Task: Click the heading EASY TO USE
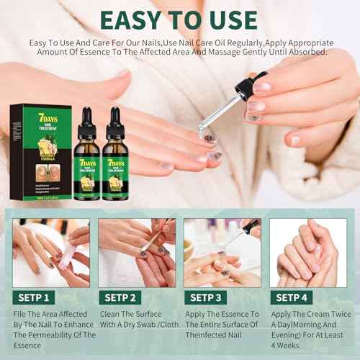point(180,19)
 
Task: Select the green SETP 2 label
point(120,296)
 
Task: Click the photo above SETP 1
point(51,253)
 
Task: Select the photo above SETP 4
point(307,253)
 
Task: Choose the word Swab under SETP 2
point(149,325)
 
